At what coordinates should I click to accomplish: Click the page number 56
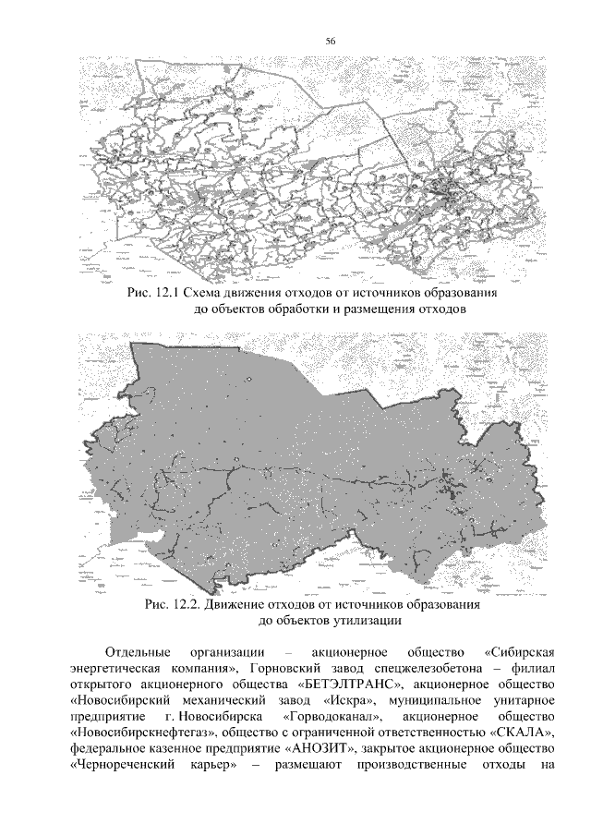tap(330, 40)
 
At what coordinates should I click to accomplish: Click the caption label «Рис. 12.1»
tap(154, 294)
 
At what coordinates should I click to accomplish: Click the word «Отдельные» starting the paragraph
tap(143, 649)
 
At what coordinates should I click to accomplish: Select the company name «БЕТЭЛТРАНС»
tap(351, 685)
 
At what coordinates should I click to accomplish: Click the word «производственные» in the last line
tap(424, 770)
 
